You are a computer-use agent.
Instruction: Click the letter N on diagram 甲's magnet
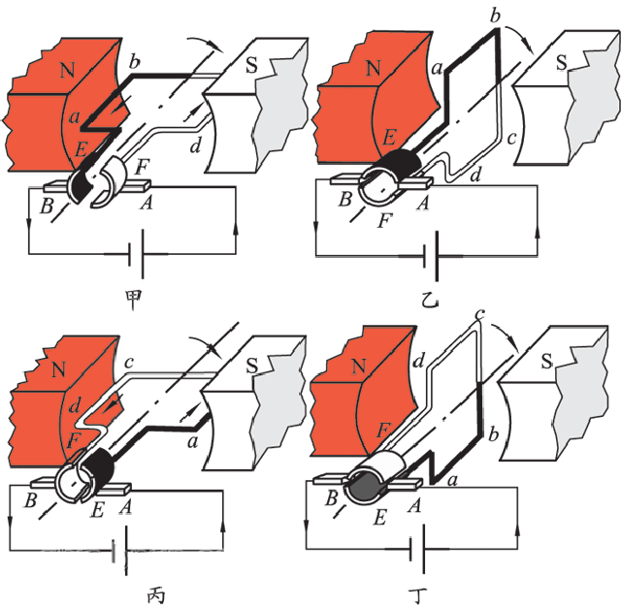(66, 69)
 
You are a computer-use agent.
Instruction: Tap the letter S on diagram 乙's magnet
(561, 62)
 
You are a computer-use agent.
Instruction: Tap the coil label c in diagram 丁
(480, 315)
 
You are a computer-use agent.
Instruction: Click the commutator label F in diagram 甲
(142, 167)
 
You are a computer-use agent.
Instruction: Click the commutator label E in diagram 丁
(379, 517)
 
